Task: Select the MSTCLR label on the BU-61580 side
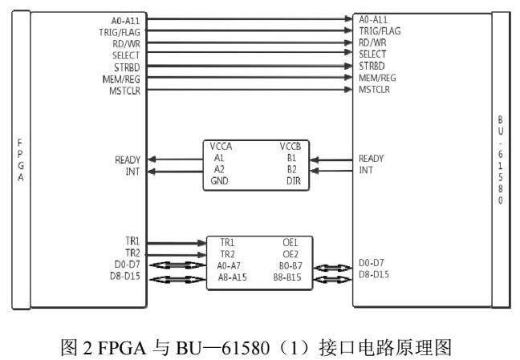pyautogui.click(x=375, y=89)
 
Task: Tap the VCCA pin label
pyautogui.click(x=221, y=148)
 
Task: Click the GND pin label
pyautogui.click(x=219, y=181)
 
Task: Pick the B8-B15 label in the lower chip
pyautogui.click(x=287, y=277)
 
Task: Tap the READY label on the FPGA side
pyautogui.click(x=128, y=160)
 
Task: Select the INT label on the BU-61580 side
pyautogui.click(x=367, y=170)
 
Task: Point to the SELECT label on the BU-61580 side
pyautogui.click(x=373, y=54)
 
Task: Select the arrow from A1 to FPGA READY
pyautogui.click(x=176, y=159)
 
